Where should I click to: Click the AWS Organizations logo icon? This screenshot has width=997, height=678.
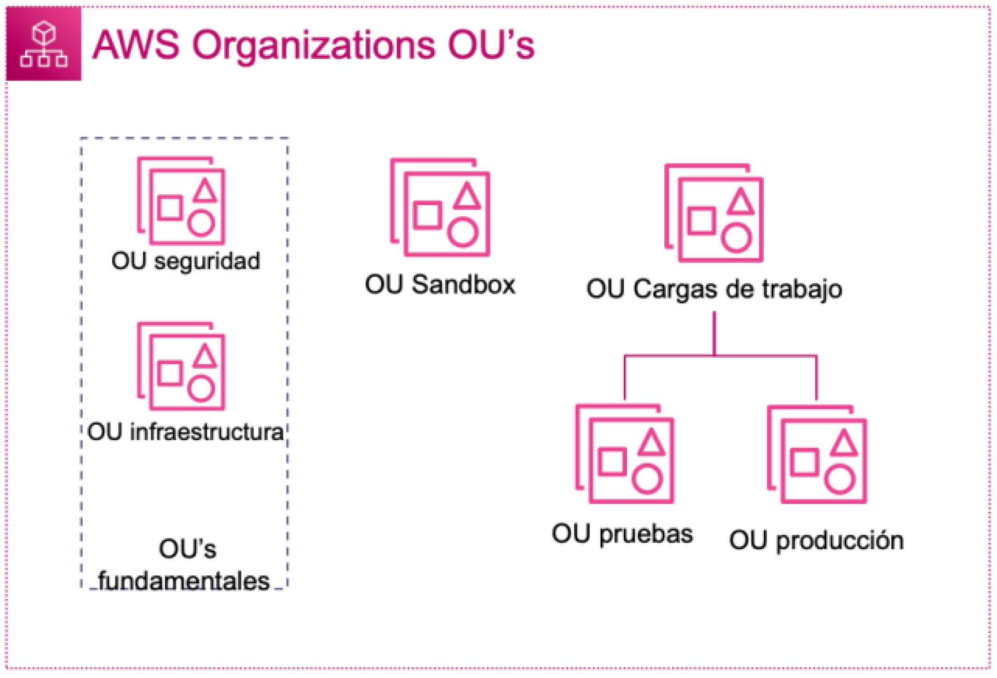point(44,44)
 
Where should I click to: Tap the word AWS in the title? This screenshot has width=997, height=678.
point(136,45)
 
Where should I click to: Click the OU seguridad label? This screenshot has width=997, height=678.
point(185,261)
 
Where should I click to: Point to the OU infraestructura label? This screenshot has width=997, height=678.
point(185,432)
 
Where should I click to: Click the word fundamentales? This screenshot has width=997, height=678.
point(184,582)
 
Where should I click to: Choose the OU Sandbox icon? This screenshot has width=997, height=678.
point(440,207)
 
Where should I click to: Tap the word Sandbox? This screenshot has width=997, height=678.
point(463,285)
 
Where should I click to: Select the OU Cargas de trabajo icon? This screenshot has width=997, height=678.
point(714,213)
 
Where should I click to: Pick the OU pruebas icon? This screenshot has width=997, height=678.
point(625,454)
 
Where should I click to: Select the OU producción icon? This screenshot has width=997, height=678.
point(817,455)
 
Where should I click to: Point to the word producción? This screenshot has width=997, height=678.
point(840,541)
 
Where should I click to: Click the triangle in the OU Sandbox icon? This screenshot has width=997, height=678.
point(467,196)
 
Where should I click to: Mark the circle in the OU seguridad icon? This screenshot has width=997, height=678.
point(201,223)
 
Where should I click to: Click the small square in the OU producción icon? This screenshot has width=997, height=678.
point(804,462)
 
